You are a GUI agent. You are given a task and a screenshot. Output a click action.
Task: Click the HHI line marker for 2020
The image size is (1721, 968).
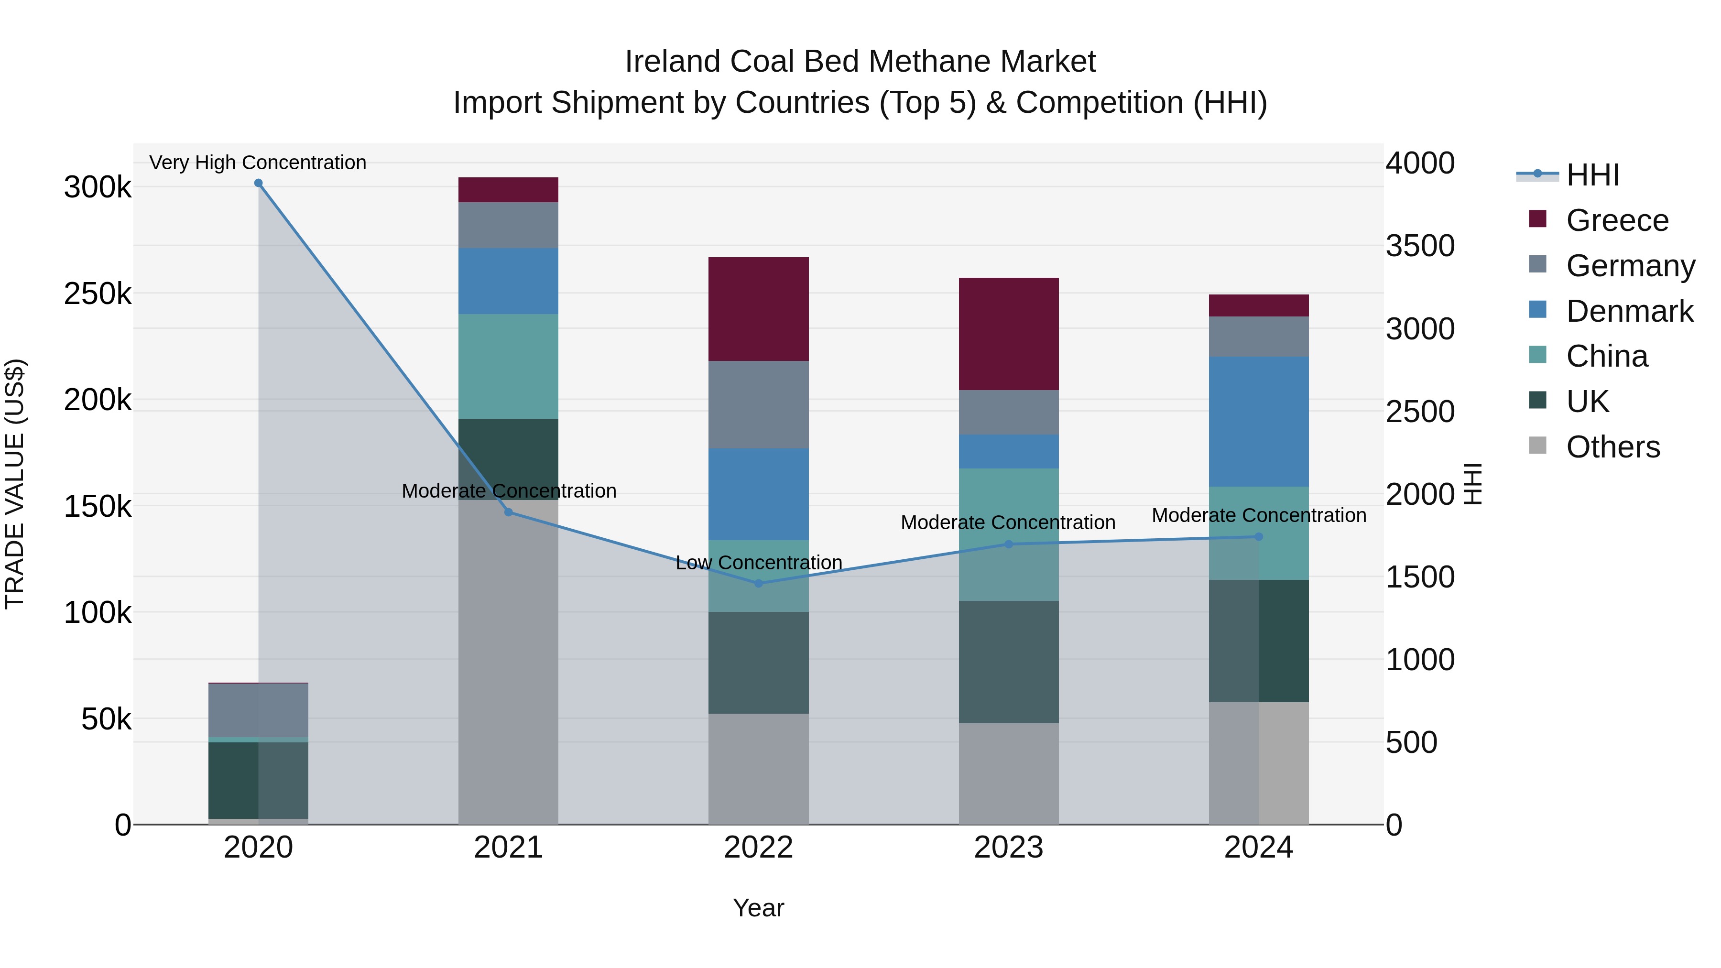click(259, 183)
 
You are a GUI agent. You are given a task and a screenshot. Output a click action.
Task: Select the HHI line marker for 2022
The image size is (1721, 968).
click(758, 583)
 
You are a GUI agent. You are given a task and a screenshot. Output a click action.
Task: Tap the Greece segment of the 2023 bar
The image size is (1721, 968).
click(1008, 334)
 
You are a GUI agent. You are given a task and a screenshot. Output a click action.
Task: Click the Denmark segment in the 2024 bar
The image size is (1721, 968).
click(1258, 422)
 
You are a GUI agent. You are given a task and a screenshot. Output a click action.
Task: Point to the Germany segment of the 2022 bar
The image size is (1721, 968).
click(758, 405)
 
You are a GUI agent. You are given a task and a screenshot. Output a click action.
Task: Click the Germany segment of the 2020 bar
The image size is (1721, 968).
click(259, 710)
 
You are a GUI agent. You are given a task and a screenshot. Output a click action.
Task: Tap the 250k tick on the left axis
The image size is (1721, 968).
click(98, 294)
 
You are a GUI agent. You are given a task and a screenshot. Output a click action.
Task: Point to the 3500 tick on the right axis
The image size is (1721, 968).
click(1420, 246)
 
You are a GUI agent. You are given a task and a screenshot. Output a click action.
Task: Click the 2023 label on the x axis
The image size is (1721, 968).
click(1008, 848)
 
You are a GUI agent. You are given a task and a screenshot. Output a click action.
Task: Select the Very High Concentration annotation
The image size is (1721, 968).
click(258, 163)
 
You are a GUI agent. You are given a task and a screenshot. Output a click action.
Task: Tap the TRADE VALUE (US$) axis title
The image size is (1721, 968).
click(15, 484)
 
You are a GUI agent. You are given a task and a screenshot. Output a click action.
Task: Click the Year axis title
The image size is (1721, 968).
click(758, 908)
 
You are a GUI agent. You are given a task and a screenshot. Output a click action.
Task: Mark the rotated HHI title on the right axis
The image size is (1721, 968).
click(1472, 484)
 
